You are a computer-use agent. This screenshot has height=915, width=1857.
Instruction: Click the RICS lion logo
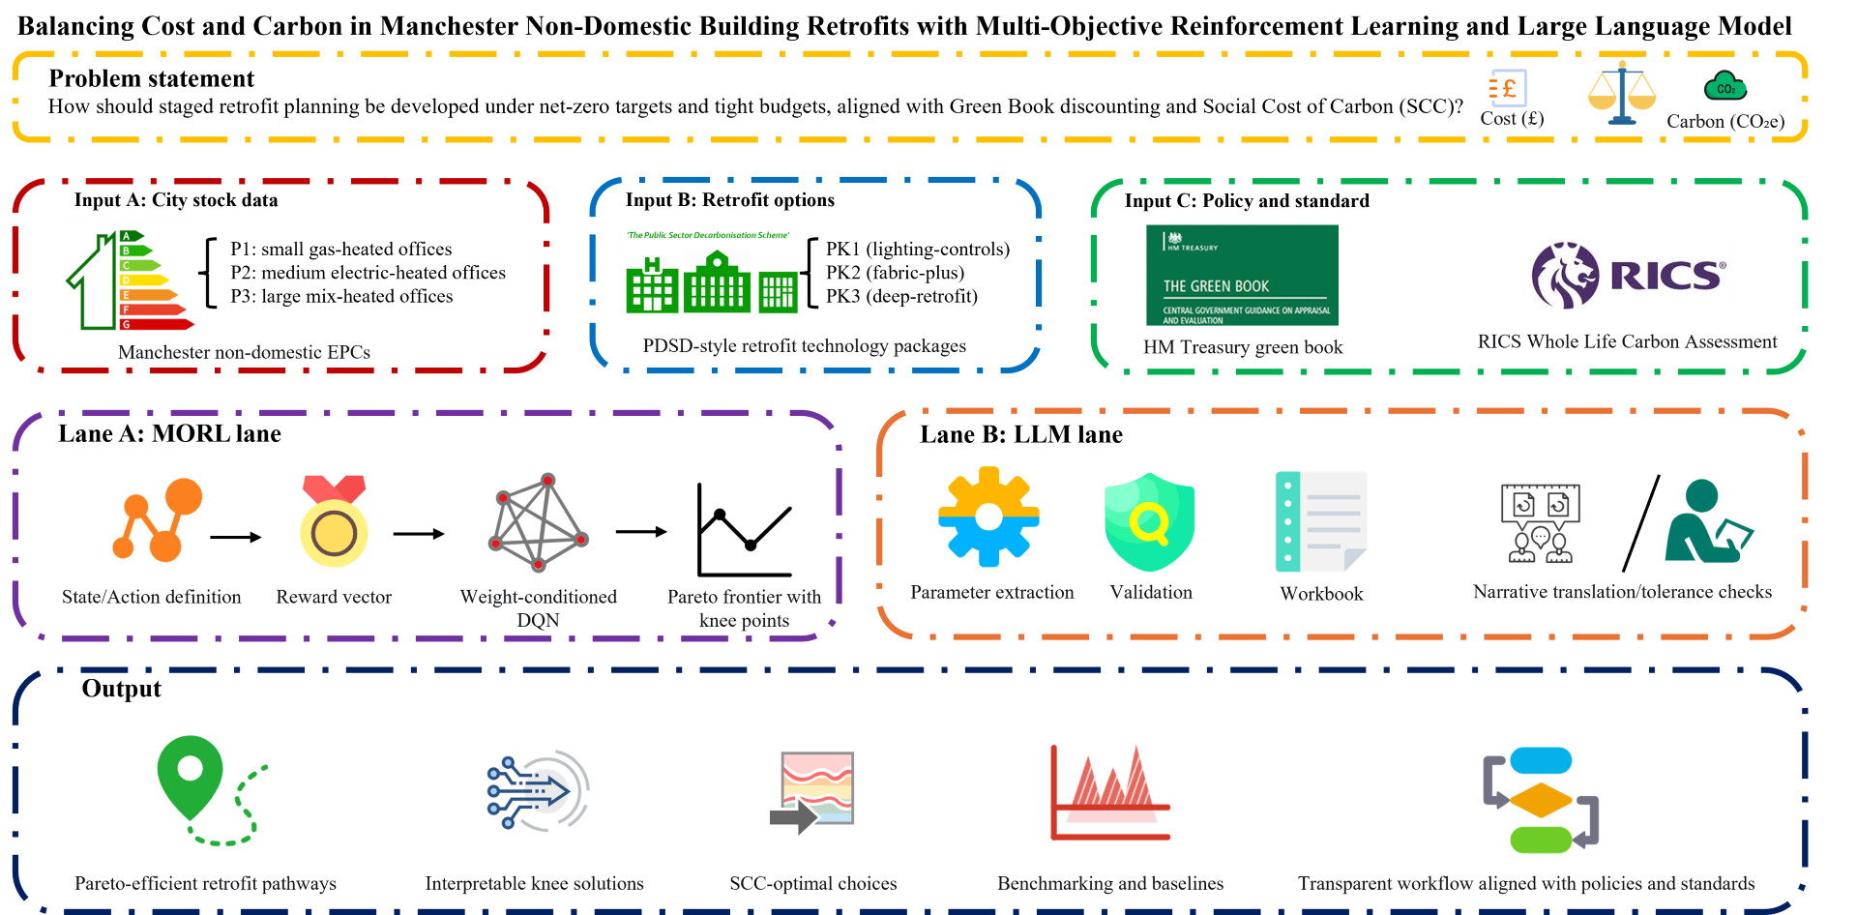(1627, 275)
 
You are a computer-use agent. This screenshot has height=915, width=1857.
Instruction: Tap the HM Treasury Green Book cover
(1242, 276)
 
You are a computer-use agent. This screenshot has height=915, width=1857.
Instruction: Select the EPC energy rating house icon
(131, 279)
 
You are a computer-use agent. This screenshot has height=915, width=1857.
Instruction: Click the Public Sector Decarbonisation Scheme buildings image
(711, 272)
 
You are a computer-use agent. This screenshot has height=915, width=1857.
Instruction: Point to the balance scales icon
(1622, 93)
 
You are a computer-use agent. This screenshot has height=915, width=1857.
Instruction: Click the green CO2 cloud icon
(1725, 87)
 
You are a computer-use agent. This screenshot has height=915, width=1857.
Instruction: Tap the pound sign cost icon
(1508, 89)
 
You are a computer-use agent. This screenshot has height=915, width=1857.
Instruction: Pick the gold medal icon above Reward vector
(334, 521)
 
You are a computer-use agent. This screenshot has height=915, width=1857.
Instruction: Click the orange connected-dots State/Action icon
(158, 519)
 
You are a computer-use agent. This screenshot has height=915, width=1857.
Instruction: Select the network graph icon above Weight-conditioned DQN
(539, 522)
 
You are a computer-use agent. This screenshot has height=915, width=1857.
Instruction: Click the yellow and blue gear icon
(988, 517)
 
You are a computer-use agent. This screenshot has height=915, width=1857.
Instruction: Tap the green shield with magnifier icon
(1150, 521)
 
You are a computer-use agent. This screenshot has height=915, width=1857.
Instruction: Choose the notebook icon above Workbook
(1321, 521)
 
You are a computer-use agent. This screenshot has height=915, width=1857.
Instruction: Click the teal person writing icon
(1707, 522)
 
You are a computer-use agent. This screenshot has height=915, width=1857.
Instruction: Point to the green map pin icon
(191, 774)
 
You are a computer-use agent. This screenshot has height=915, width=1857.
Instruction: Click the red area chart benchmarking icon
(1110, 792)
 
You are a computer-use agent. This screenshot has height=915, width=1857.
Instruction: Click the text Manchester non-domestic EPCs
(244, 352)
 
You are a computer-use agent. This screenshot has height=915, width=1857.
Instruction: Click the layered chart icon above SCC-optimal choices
(812, 794)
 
